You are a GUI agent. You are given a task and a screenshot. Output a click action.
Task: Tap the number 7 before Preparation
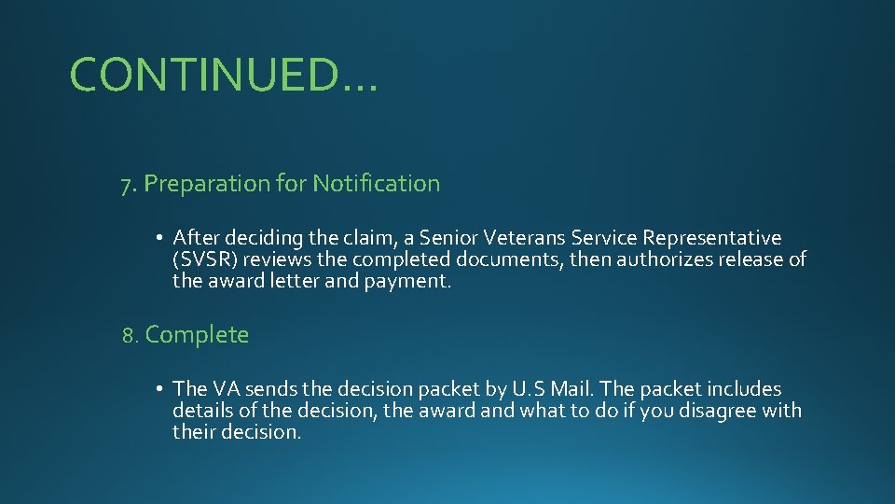click(126, 185)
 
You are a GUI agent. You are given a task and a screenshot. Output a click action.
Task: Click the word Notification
click(376, 184)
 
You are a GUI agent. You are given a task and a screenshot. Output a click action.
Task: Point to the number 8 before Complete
click(129, 335)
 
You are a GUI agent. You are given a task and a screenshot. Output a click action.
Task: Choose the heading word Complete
click(197, 335)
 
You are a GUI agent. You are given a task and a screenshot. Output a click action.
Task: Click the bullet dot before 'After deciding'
click(161, 238)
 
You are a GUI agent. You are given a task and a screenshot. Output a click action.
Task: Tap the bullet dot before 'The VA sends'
click(161, 389)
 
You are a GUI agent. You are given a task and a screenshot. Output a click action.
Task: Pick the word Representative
click(714, 238)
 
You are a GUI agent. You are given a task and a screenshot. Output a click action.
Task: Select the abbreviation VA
click(227, 389)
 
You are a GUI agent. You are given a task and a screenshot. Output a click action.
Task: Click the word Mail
click(573, 389)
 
